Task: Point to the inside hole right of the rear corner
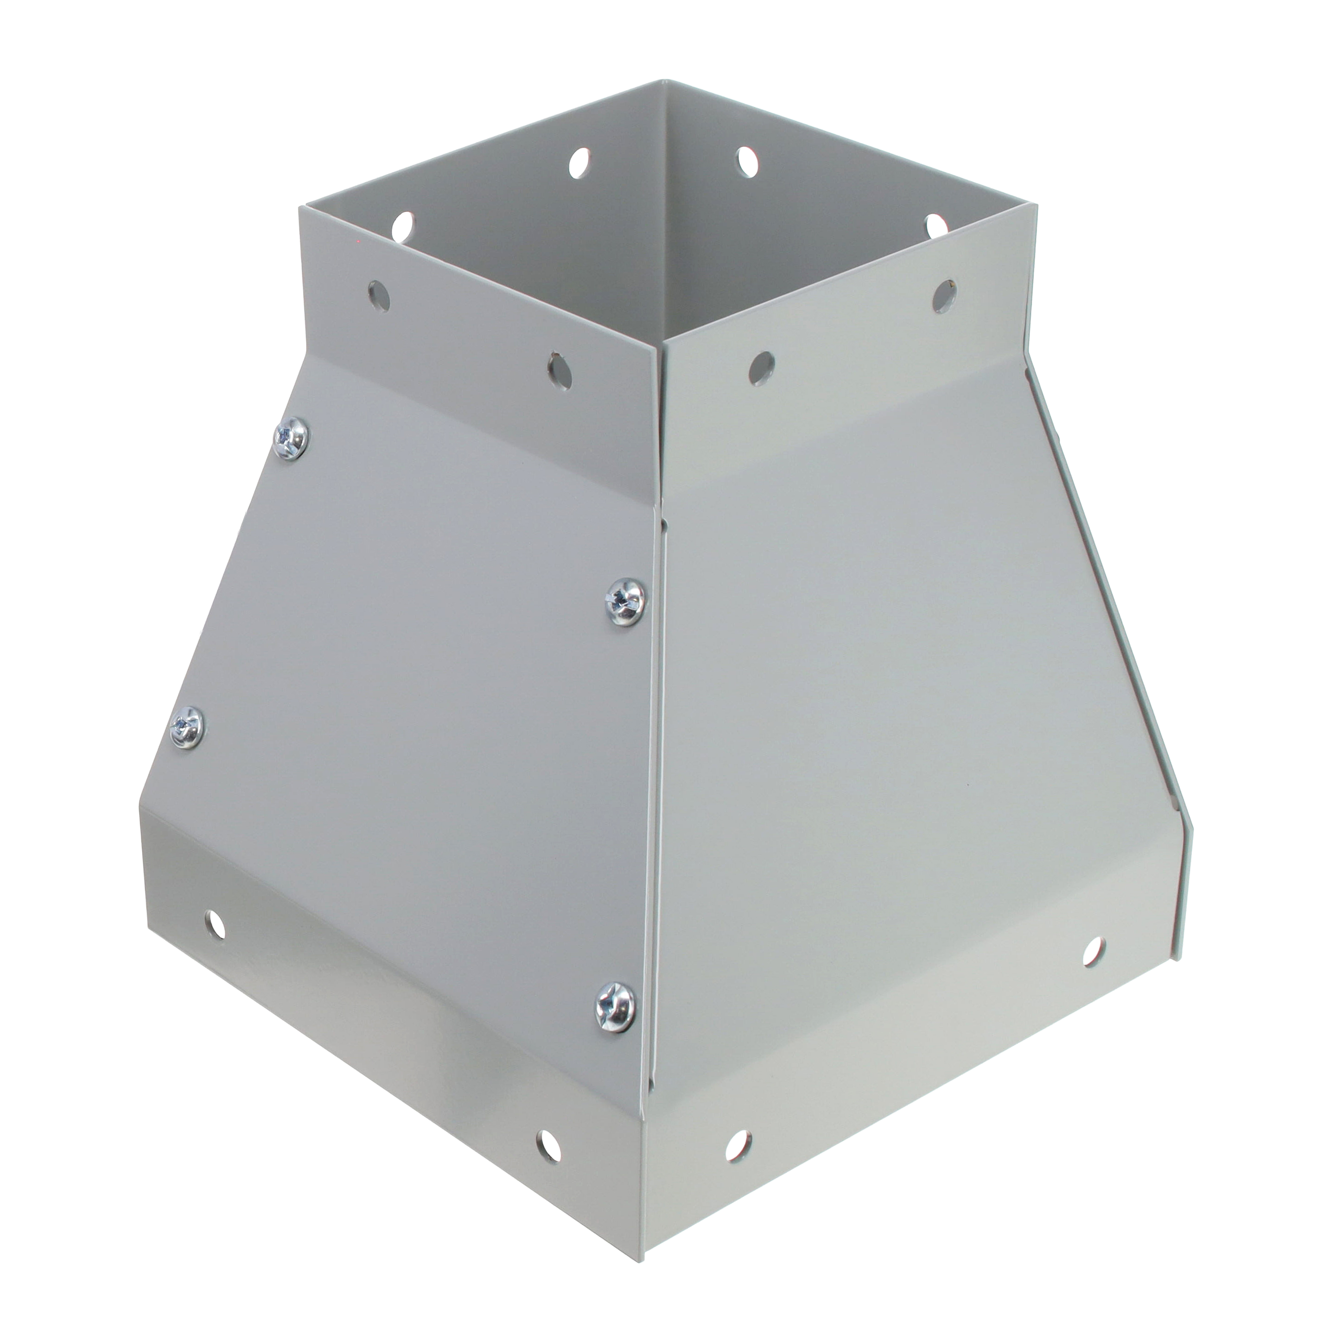click(744, 162)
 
